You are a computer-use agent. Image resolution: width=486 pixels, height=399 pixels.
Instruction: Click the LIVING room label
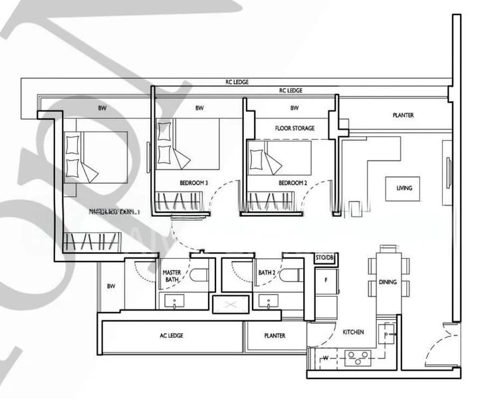pyautogui.click(x=404, y=188)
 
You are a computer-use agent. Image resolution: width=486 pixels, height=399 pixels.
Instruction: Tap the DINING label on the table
pyautogui.click(x=388, y=282)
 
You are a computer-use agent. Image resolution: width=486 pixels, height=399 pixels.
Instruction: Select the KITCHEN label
pyautogui.click(x=353, y=332)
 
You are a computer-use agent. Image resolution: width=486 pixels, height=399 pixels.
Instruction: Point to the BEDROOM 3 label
pyautogui.click(x=193, y=183)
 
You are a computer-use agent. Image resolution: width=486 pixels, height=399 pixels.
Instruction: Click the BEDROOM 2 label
pyautogui.click(x=292, y=183)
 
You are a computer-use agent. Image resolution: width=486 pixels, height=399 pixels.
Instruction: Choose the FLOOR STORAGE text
pyautogui.click(x=295, y=128)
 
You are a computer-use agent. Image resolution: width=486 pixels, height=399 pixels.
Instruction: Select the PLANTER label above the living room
pyautogui.click(x=403, y=115)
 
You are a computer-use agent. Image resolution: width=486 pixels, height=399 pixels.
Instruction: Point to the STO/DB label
pyautogui.click(x=324, y=257)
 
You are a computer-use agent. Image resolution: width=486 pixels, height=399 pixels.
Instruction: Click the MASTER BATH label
pyautogui.click(x=172, y=276)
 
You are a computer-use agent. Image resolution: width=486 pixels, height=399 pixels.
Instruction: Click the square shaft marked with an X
pyautogui.click(x=230, y=304)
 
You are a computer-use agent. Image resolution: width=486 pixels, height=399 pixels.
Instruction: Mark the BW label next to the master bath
pyautogui.click(x=111, y=287)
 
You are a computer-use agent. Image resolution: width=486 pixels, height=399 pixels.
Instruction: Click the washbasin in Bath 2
pyautogui.click(x=269, y=303)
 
